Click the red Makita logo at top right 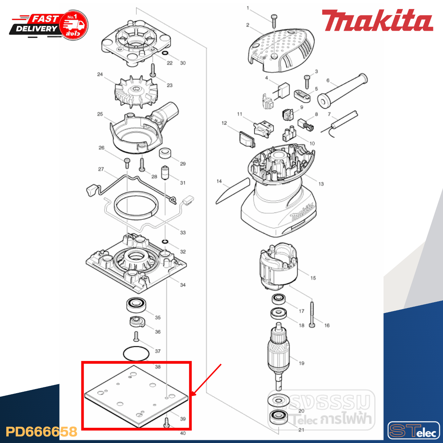point(377,20)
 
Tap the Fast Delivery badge point(49,25)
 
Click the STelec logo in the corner point(413,431)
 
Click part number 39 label point(183,419)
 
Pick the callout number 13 point(321,184)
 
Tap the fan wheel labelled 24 point(136,91)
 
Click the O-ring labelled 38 point(136,354)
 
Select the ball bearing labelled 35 point(136,305)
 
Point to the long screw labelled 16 point(312,314)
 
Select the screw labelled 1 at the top point(274,21)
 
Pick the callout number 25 point(100,114)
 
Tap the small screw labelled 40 point(166,423)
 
